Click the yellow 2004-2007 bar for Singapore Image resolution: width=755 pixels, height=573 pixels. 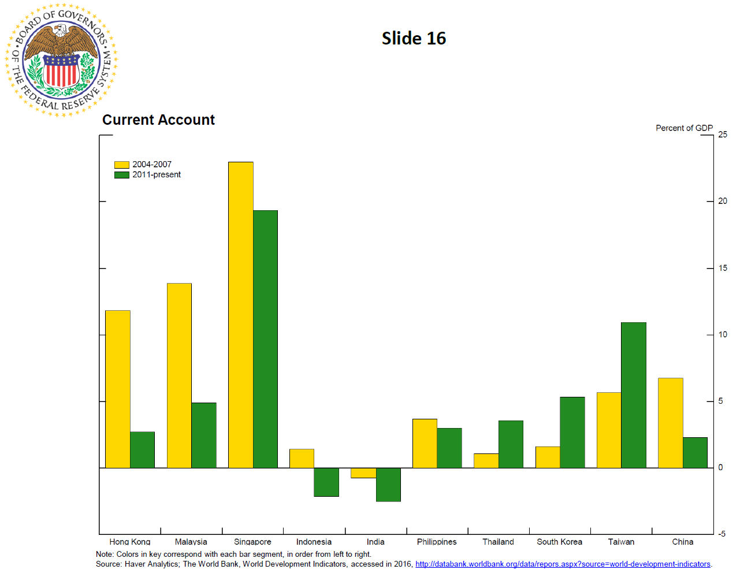[240, 315]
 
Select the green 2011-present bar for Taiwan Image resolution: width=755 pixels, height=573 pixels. [634, 395]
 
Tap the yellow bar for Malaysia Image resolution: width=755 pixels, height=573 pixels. [179, 375]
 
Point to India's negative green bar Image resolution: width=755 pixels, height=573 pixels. [388, 485]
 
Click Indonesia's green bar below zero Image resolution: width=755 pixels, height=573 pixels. [326, 482]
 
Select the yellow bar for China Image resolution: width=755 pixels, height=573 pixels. [670, 423]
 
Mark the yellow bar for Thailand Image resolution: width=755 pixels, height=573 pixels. [486, 460]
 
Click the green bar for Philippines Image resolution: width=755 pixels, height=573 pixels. [449, 448]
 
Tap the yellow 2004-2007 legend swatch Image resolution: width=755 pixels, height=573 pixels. [121, 165]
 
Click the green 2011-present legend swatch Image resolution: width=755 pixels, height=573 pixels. [121, 175]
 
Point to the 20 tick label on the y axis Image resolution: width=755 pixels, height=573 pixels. [723, 201]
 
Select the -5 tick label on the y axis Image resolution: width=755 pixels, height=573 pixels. [721, 534]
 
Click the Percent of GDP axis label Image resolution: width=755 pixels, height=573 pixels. [684, 128]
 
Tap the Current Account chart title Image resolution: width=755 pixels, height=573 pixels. [158, 120]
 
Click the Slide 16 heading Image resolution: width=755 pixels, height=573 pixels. [414, 39]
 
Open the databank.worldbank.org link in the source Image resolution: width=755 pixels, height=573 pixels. [563, 564]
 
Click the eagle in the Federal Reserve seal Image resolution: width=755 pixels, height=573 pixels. [61, 40]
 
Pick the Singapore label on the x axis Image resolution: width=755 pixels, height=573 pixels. [252, 542]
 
